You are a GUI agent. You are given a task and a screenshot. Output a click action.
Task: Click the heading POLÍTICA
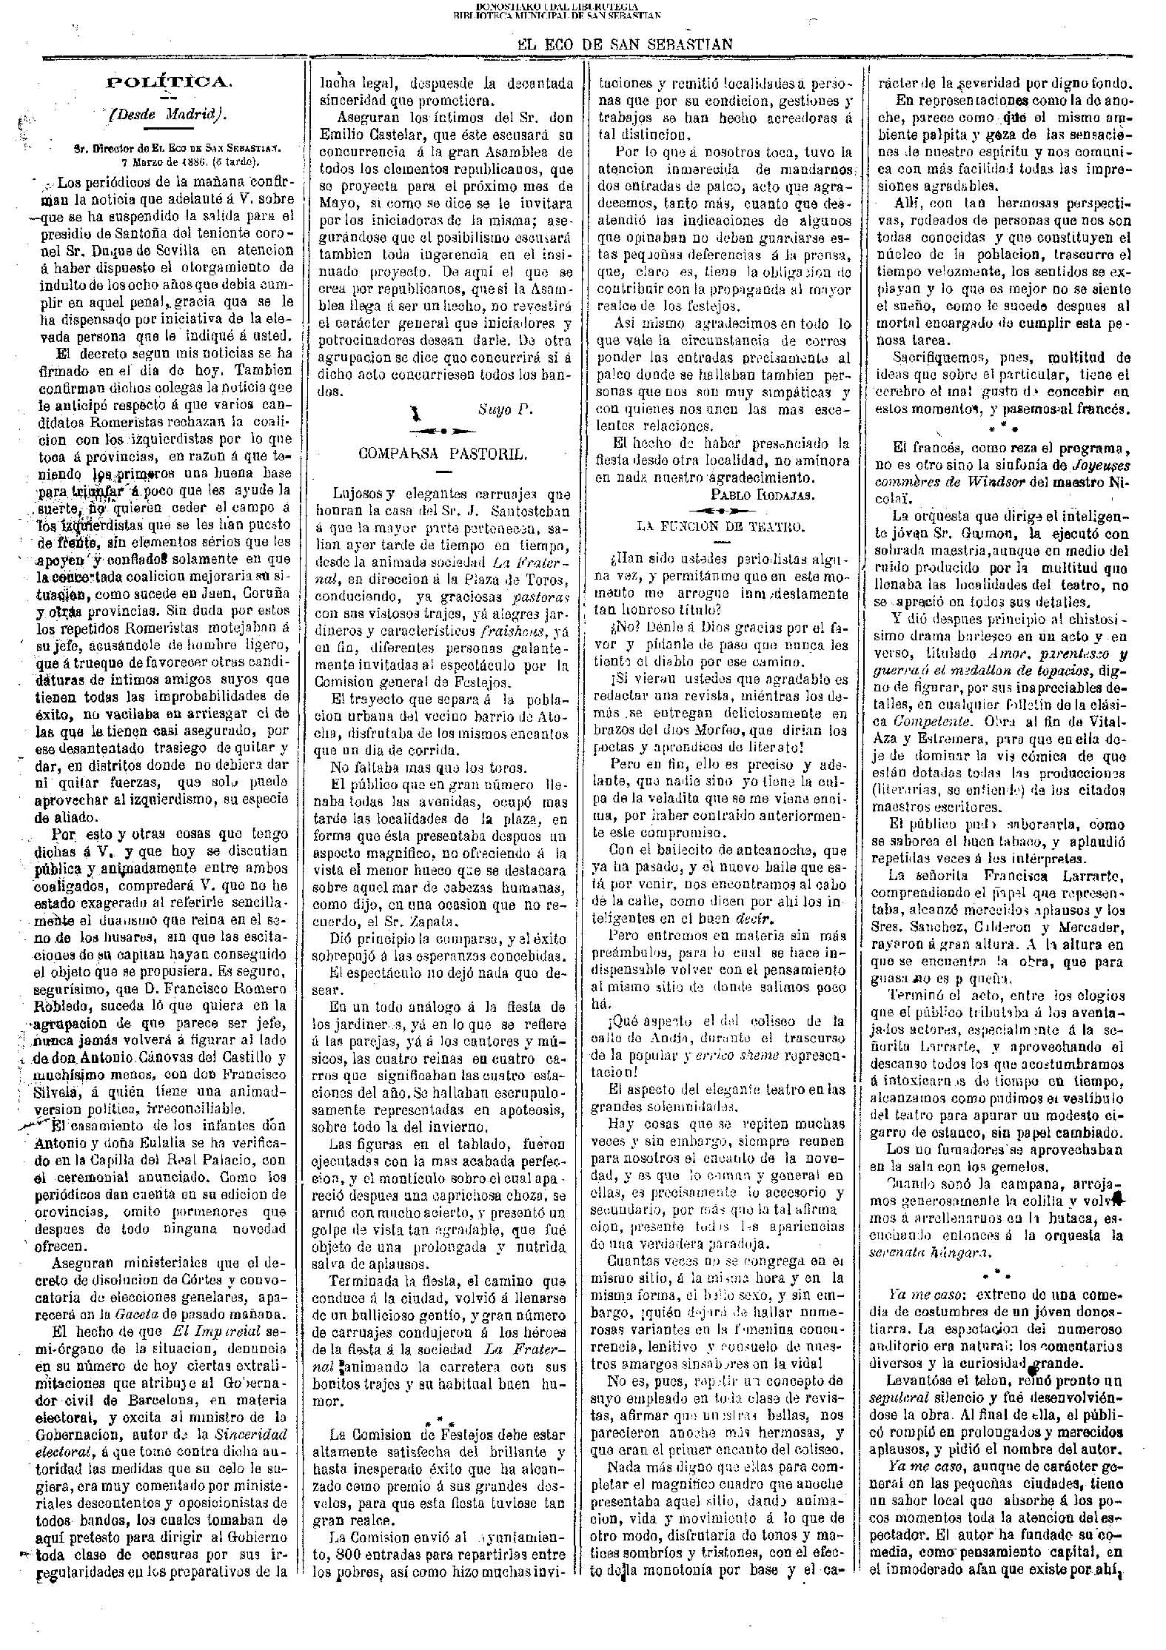point(170,82)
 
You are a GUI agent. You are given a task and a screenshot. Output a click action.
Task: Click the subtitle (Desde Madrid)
point(168,115)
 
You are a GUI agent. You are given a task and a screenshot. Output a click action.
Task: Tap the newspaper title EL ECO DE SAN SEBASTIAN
point(624,44)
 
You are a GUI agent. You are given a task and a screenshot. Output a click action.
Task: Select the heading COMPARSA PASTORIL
point(443,454)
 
